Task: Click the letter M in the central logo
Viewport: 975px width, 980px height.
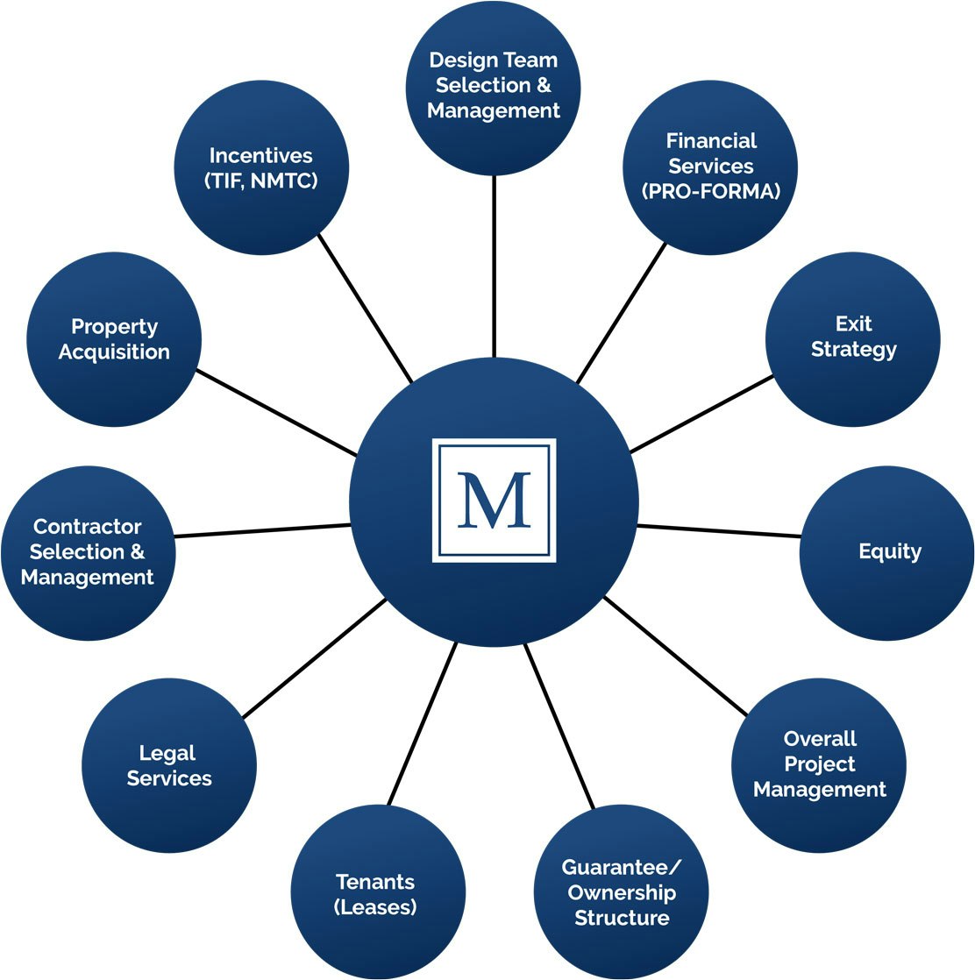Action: [494, 501]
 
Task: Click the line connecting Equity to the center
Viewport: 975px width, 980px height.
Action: [719, 531]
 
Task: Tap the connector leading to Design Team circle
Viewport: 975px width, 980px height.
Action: [494, 267]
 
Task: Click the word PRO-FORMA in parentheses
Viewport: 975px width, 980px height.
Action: [711, 191]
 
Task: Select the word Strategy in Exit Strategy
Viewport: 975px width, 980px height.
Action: [853, 349]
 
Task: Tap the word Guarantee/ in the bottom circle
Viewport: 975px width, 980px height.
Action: [621, 867]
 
